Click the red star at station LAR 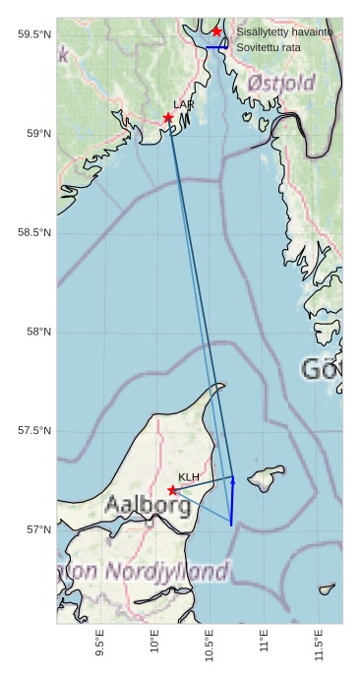point(168,118)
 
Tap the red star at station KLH point(173,490)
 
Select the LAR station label point(184,104)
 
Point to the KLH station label point(189,477)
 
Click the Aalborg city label point(148,506)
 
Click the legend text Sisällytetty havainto point(284,31)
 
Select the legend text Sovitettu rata point(269,47)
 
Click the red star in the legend point(217,31)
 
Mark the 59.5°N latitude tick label point(34,34)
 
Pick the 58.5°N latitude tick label point(34,232)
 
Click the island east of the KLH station point(264,480)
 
